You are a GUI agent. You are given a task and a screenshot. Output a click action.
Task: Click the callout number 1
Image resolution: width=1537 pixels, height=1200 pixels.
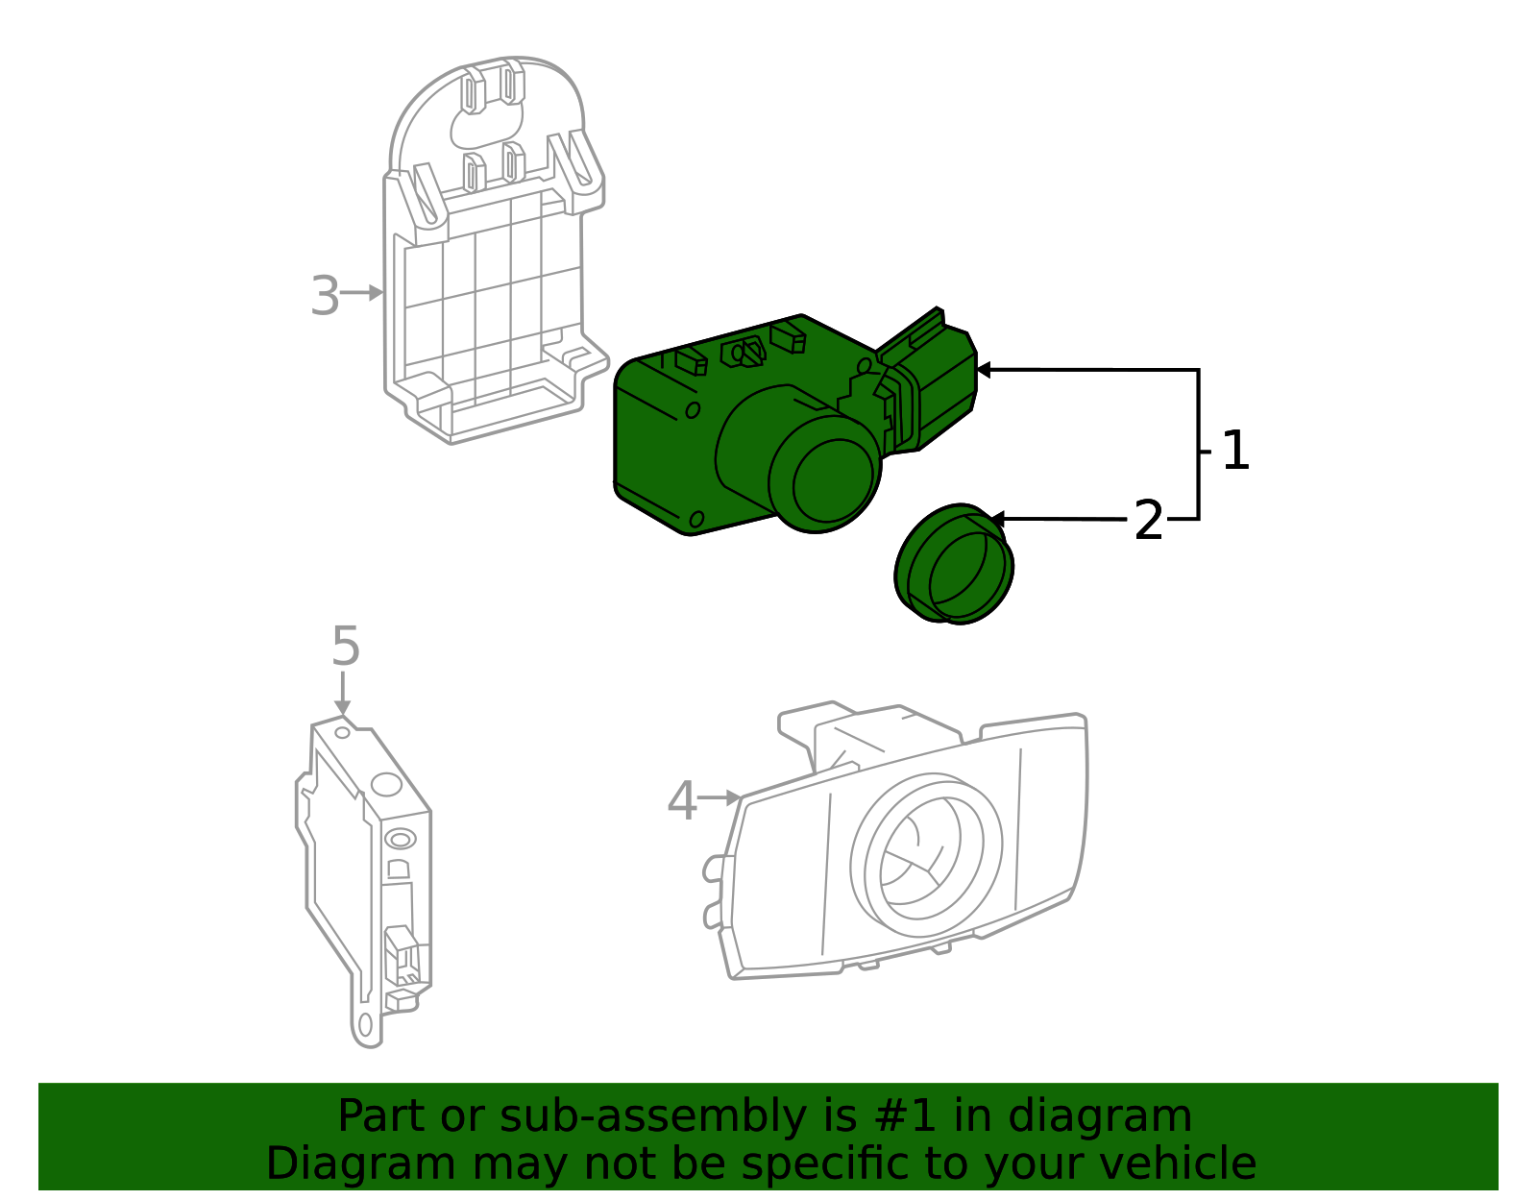click(x=1235, y=451)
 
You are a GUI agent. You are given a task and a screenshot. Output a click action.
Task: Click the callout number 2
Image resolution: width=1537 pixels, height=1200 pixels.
click(x=1148, y=521)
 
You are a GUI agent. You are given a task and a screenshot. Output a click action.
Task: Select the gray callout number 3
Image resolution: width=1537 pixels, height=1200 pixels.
click(x=325, y=296)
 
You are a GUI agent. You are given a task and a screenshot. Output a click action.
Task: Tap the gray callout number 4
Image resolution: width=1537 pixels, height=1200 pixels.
click(x=681, y=800)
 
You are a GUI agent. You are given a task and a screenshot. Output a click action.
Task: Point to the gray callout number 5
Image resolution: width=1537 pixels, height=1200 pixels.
click(x=345, y=646)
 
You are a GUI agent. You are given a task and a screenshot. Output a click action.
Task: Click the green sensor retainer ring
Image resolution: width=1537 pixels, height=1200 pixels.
click(x=954, y=564)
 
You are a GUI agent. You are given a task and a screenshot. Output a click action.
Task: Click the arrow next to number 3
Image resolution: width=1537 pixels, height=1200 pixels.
click(x=365, y=292)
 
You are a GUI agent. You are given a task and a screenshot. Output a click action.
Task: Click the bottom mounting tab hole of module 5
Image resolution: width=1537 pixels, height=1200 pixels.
click(x=365, y=1025)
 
